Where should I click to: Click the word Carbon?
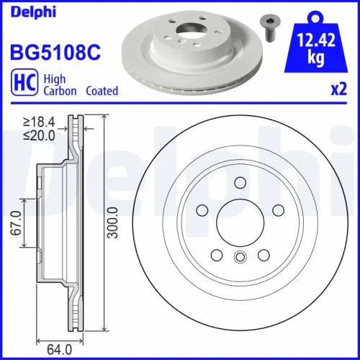(60, 91)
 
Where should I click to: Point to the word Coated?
(102, 91)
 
